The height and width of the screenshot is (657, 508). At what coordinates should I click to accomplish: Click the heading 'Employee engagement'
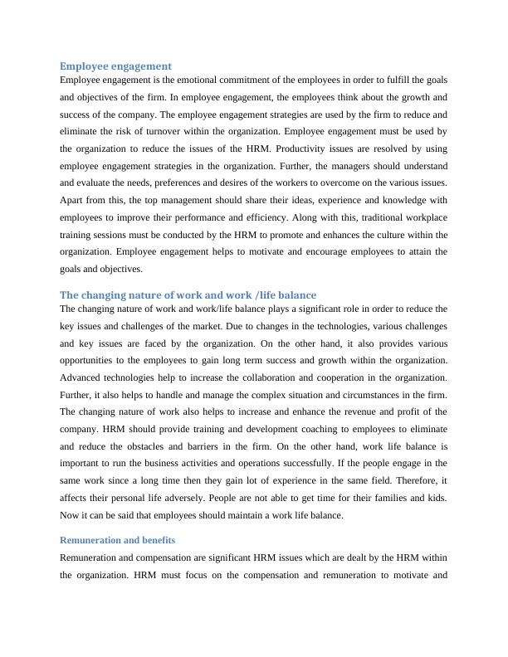[115, 66]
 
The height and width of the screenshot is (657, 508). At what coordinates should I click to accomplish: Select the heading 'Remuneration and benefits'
[117, 540]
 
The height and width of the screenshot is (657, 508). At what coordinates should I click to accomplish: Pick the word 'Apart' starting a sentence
[73, 201]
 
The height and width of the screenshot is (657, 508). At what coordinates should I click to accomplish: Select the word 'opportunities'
[91, 360]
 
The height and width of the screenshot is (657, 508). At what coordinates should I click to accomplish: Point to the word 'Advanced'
[82, 377]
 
